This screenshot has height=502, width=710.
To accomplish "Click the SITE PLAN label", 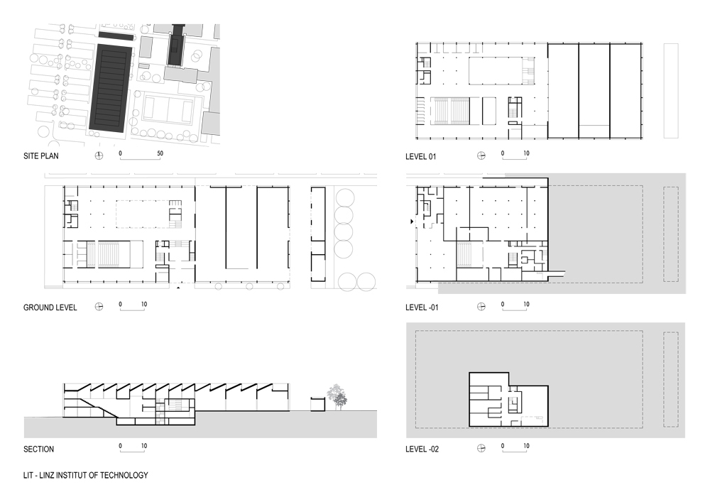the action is pyautogui.click(x=40, y=156).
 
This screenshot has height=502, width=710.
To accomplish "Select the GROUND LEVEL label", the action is pyautogui.click(x=50, y=307).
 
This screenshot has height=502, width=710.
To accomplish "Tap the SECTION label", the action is pyautogui.click(x=38, y=449).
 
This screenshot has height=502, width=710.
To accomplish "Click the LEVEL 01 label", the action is pyautogui.click(x=420, y=157).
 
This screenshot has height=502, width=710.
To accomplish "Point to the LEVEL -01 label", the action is pyautogui.click(x=422, y=307).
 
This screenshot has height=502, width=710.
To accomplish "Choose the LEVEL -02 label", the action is pyautogui.click(x=422, y=449).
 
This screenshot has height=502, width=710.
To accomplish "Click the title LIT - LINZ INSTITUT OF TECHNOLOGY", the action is pyautogui.click(x=86, y=475).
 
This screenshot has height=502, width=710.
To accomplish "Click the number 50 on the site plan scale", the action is pyautogui.click(x=160, y=153).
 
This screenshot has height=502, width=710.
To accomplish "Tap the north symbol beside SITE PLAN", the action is pyautogui.click(x=99, y=155).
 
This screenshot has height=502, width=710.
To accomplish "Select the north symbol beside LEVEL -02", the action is pyautogui.click(x=481, y=448).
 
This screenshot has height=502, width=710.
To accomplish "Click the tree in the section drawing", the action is pyautogui.click(x=337, y=397).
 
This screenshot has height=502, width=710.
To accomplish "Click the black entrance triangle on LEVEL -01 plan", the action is pyautogui.click(x=412, y=222).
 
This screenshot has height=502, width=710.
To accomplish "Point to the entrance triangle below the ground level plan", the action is pyautogui.click(x=178, y=288).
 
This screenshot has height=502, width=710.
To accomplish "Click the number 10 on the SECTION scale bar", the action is pyautogui.click(x=144, y=446).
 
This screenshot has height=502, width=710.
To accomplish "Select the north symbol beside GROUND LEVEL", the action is pyautogui.click(x=99, y=307).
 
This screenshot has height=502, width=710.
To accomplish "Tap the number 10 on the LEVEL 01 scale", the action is pyautogui.click(x=526, y=153).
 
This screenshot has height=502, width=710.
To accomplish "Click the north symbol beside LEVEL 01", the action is pyautogui.click(x=481, y=155).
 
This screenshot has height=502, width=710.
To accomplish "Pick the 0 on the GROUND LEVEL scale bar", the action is pyautogui.click(x=121, y=304).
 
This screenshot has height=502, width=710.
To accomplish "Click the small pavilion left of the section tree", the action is pyautogui.click(x=318, y=404).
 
